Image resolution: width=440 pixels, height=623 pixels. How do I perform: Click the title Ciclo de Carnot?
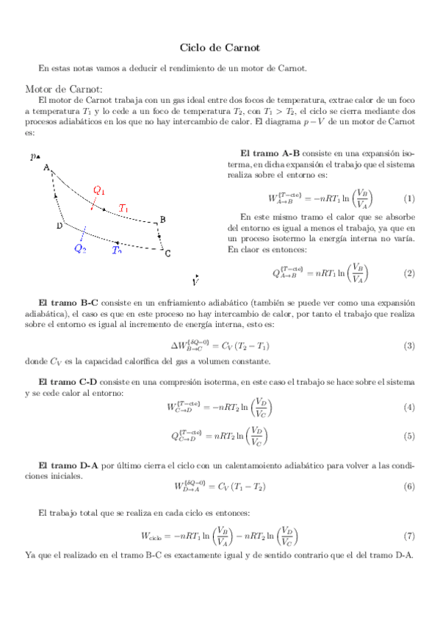click(220, 48)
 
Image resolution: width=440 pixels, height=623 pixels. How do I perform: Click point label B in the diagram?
click(162, 219)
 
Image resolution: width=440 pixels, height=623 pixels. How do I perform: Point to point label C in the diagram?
click(167, 254)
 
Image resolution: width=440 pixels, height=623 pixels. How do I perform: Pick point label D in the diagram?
click(59, 226)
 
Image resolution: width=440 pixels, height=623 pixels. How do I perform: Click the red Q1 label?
click(99, 190)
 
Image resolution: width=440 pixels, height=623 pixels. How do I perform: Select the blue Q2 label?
click(80, 248)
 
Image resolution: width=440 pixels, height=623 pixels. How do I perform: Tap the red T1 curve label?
click(124, 208)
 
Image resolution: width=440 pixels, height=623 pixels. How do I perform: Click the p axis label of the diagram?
click(33, 156)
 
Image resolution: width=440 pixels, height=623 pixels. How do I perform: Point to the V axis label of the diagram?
click(195, 281)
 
